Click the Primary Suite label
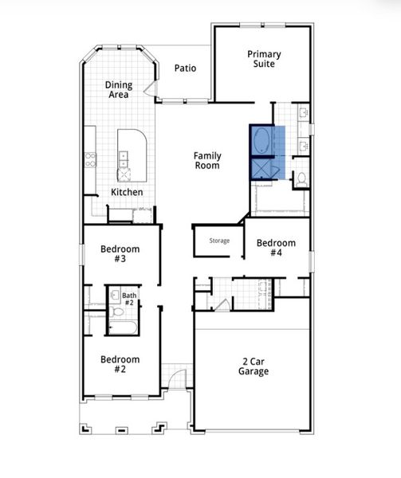[264, 58]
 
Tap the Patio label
[185, 69]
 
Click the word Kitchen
[127, 192]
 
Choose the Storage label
[219, 241]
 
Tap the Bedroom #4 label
[275, 248]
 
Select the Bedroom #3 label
[120, 254]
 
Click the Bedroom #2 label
[120, 364]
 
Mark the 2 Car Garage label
[254, 366]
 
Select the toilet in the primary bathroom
[301, 181]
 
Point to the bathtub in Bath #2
[128, 327]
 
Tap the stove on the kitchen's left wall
[91, 159]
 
